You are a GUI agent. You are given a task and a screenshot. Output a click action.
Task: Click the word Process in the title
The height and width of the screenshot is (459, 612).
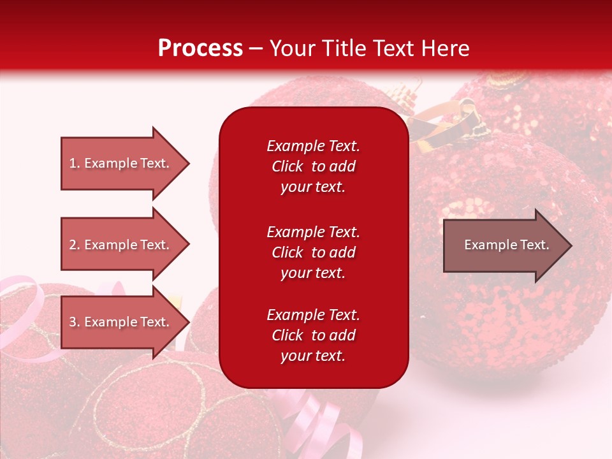[200, 48]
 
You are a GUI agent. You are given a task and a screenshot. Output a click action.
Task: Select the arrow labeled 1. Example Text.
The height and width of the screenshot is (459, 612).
[121, 163]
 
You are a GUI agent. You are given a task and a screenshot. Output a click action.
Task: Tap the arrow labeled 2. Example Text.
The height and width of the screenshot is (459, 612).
[121, 245]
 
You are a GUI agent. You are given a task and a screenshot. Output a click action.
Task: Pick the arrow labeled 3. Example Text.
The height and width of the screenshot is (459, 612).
[121, 322]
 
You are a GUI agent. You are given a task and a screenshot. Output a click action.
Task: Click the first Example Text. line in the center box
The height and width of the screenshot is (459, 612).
[313, 146]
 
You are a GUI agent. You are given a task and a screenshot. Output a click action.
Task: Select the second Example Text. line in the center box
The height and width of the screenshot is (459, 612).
[313, 232]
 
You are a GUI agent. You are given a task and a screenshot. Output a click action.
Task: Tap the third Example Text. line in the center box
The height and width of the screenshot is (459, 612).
[313, 315]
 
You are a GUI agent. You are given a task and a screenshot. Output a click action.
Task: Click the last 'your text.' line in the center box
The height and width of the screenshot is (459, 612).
[313, 356]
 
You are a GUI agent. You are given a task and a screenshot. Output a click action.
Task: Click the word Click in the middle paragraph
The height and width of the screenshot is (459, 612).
[288, 252]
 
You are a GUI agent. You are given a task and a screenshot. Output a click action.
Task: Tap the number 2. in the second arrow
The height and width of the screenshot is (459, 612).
[75, 245]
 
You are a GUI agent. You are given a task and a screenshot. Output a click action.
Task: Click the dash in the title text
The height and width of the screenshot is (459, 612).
[256, 48]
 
